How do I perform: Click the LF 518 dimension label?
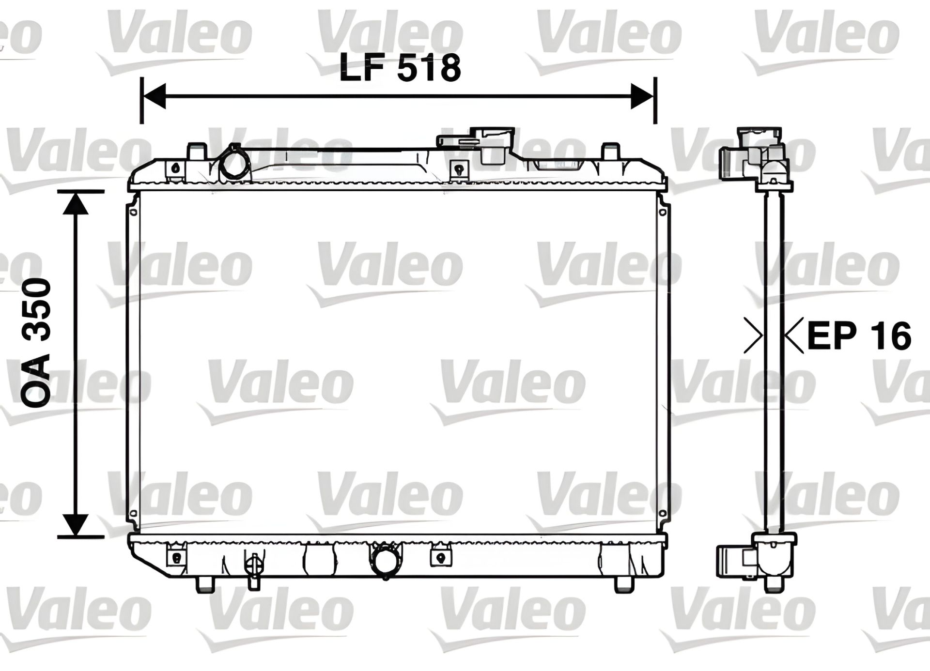(400, 68)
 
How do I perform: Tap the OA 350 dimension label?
(36, 343)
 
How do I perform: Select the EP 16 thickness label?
(859, 335)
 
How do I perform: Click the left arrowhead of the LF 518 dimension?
(153, 96)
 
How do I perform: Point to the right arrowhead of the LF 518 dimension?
(642, 96)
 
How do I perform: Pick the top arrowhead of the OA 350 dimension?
(76, 203)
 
